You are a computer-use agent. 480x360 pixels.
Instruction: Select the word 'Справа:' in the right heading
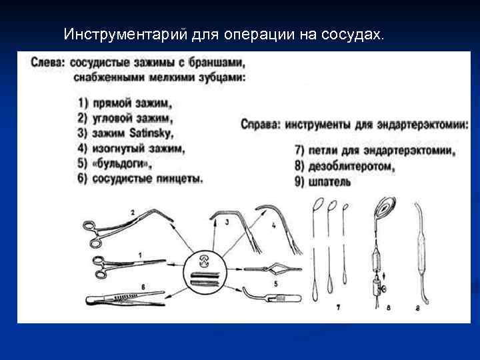pyautogui.click(x=261, y=124)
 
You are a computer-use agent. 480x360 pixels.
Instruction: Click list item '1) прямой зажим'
pyautogui.click(x=124, y=103)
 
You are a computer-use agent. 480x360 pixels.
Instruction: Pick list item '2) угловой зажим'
pyautogui.click(x=125, y=119)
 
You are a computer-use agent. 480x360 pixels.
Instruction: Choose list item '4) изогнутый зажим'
pyautogui.click(x=131, y=149)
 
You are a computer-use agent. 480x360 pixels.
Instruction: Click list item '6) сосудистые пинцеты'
pyautogui.click(x=139, y=179)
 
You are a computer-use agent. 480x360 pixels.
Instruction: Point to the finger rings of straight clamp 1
pyautogui.click(x=98, y=267)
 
